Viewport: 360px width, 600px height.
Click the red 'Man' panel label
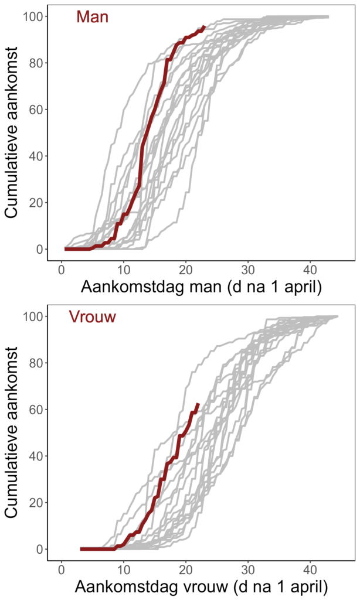(92, 18)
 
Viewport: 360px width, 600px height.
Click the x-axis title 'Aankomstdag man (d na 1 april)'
(201, 288)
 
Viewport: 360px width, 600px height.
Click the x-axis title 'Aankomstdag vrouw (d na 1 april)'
(201, 587)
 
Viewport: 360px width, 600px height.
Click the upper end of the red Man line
(204, 27)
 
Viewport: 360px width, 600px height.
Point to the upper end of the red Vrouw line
(198, 404)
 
